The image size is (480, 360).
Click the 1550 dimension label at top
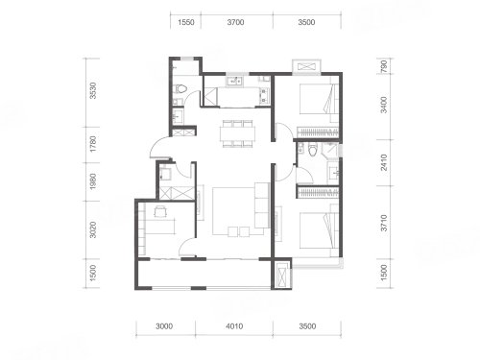coord(186,22)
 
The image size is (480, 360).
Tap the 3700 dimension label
coord(235,22)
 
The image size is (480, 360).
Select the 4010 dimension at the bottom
coord(234,326)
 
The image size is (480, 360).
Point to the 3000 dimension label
coord(164,326)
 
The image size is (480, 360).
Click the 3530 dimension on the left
coord(93,90)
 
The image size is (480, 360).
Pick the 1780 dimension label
coord(93,144)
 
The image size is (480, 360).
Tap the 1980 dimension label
coord(93,181)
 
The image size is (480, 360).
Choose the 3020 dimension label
coord(93,229)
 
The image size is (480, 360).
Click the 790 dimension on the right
coord(384,66)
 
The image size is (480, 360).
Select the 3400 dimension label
coord(384,105)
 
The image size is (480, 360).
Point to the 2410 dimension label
coord(384,162)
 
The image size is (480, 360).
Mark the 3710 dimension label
coord(384,223)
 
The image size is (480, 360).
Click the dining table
coord(238,133)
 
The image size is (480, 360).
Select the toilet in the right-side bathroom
coord(313,149)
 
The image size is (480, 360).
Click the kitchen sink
coord(234,82)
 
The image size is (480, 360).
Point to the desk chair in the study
coord(160,211)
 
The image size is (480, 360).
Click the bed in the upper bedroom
coord(319,99)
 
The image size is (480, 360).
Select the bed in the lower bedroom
coord(319,230)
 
